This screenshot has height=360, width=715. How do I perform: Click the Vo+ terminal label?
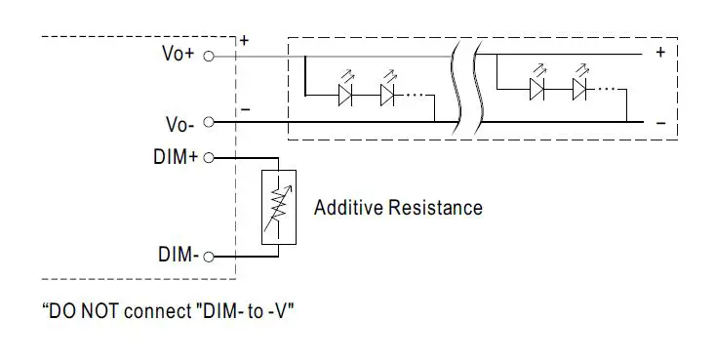coord(178,55)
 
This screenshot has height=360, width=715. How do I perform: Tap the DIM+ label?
coord(176,156)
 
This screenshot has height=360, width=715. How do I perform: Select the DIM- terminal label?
coord(178,256)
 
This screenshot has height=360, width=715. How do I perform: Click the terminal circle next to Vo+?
coord(207,56)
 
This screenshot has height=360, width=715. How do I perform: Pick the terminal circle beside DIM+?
coord(207,156)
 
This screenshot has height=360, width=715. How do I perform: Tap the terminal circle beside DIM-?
coord(207,257)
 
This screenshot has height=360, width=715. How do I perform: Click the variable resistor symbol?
coord(279,207)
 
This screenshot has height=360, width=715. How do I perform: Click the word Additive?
coord(347,208)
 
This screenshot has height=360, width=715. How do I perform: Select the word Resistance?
coord(434,208)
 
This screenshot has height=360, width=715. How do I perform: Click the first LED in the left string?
coord(344,95)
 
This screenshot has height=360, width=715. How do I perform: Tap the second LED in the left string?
coord(387,95)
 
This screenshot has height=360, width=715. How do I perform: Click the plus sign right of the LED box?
coord(660,53)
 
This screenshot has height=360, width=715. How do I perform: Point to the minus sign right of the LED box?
coord(660,123)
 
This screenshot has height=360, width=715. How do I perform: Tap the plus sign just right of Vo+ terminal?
coord(244,41)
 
